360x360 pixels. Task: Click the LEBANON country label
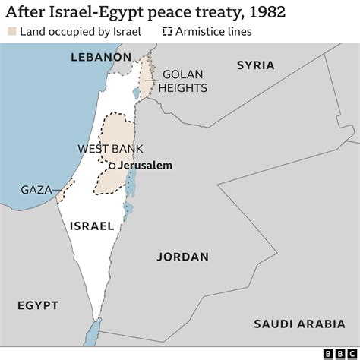[x=101, y=58]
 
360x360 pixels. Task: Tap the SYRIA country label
[x=255, y=65]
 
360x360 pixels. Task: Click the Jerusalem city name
[x=145, y=166]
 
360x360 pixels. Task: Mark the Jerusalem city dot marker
[x=112, y=166]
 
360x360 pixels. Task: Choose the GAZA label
[x=36, y=190]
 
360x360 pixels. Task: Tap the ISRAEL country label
[x=91, y=226]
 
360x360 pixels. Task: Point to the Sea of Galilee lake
[x=136, y=93]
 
